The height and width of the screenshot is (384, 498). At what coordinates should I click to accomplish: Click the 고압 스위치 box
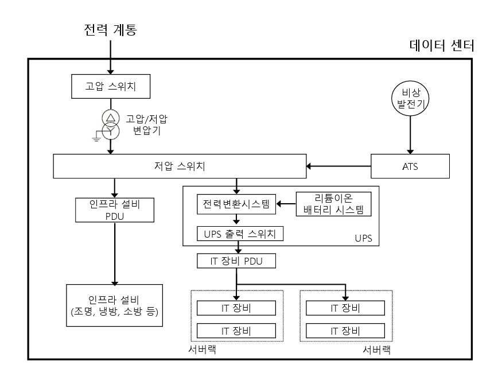(111, 87)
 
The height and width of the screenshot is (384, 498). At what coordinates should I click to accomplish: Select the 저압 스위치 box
(180, 166)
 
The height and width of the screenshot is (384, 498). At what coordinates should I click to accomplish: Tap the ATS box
(410, 166)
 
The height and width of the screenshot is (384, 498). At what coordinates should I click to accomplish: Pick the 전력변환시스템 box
(236, 204)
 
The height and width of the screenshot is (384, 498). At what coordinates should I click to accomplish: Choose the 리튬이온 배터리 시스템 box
(333, 204)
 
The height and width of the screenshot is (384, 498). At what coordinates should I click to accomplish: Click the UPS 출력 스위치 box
(240, 234)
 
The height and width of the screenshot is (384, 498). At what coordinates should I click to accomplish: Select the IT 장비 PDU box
(236, 261)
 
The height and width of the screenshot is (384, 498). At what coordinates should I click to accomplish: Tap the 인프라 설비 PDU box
(115, 210)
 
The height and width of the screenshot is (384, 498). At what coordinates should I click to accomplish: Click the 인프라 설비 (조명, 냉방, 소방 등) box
(114, 305)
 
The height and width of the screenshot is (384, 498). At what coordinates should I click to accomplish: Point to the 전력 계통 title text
(110, 29)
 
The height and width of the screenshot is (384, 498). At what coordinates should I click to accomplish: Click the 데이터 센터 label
(442, 46)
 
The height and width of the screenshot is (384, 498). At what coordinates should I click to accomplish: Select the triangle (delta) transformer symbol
(111, 118)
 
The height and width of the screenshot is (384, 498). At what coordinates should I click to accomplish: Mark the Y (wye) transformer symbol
(111, 130)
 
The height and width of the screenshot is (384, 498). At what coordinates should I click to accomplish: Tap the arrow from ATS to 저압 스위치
(339, 166)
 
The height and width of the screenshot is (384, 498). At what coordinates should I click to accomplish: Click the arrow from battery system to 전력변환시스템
(286, 204)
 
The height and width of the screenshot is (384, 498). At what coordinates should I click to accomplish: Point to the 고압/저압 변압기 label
(146, 125)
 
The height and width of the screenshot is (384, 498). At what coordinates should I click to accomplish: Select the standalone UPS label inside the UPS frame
(363, 238)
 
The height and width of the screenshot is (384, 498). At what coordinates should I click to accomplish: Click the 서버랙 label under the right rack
(377, 350)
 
